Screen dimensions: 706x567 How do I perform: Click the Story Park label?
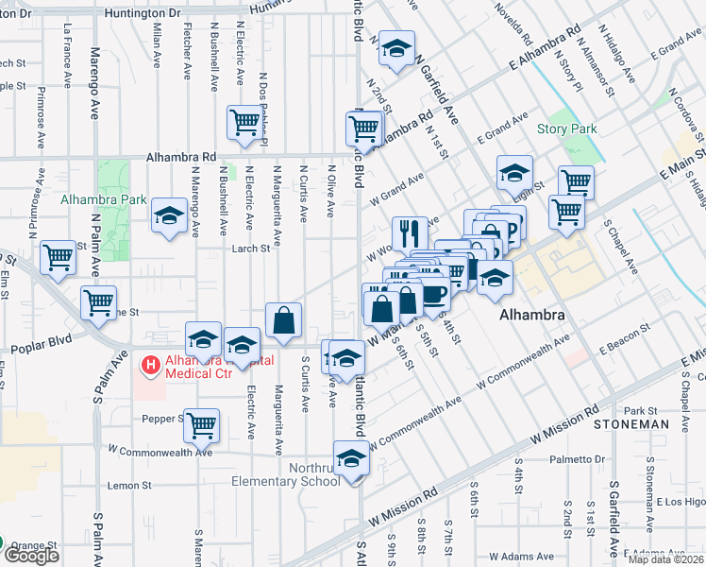562,129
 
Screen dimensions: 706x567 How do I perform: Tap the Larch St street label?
252,249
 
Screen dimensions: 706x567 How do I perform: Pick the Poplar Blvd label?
41,349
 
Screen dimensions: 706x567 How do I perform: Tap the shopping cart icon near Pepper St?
202,425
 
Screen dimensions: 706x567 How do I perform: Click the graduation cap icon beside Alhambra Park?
169,215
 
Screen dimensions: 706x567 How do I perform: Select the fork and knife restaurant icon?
410,232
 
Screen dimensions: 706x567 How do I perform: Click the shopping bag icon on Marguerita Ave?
283,319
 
